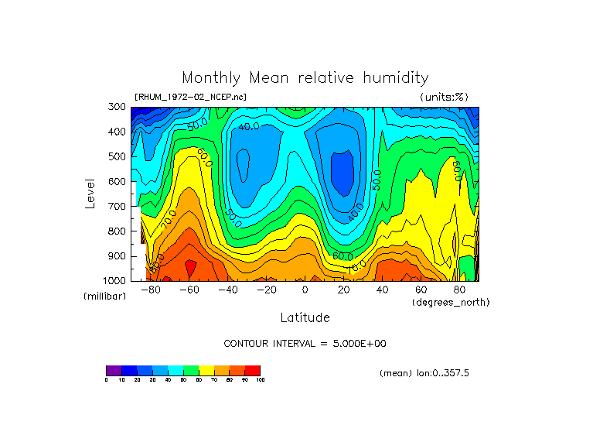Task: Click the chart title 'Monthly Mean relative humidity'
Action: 305,78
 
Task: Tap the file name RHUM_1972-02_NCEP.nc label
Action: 190,97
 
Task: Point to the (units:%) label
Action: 445,97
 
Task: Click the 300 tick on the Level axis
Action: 118,107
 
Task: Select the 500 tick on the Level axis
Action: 118,156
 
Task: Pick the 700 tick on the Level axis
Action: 118,206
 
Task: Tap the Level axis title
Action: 91,194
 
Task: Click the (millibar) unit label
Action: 104,297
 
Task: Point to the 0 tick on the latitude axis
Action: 305,290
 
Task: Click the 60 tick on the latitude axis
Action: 421,290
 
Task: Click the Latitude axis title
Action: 305,317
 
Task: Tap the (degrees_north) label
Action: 451,302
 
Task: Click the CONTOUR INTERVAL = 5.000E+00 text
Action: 305,343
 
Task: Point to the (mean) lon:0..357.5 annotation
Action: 424,373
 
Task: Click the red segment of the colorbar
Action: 253,370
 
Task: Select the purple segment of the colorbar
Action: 114,370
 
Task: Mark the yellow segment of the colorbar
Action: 206,370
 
